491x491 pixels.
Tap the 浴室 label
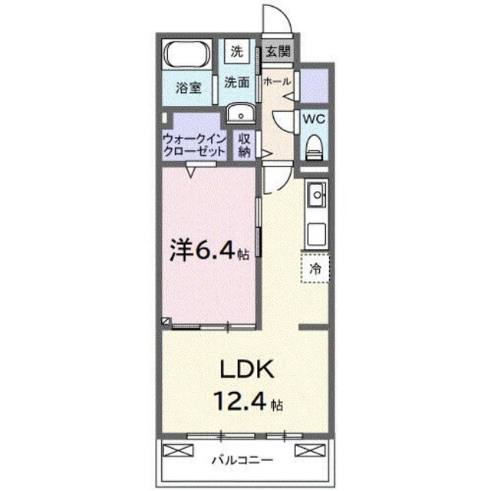(x=189, y=87)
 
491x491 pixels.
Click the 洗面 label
(x=237, y=82)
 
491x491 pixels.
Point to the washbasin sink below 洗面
(x=241, y=115)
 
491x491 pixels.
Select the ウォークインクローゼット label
(x=194, y=145)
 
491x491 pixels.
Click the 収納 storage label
(x=244, y=145)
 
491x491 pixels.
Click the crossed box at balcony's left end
(x=176, y=450)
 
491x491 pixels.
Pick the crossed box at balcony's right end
(x=308, y=450)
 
